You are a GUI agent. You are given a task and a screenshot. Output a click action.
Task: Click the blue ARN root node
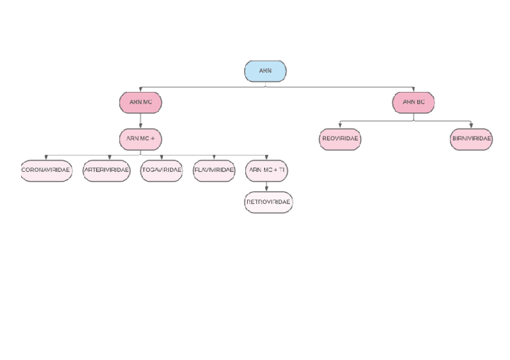click(265, 71)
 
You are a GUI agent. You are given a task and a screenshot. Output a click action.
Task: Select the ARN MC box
click(141, 103)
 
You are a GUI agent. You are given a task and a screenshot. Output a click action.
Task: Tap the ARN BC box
click(413, 103)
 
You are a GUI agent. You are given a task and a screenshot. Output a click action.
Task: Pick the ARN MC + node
click(141, 139)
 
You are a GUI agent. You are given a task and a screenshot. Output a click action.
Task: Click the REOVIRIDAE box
click(340, 139)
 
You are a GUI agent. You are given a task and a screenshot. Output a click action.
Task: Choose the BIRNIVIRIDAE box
click(471, 139)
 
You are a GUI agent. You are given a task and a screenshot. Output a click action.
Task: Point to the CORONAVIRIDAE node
click(46, 171)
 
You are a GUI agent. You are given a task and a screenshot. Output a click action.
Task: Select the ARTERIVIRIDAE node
click(106, 171)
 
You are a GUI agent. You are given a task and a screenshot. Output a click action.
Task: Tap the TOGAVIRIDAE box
click(161, 171)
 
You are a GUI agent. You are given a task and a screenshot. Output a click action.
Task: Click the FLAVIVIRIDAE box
click(214, 171)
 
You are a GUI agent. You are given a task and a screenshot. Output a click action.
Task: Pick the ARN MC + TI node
click(266, 171)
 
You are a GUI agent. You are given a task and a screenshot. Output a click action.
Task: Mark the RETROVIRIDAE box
click(268, 202)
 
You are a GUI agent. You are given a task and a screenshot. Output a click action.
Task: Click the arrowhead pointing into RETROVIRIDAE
click(266, 189)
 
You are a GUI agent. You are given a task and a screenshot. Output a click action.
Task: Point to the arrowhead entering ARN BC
click(413, 90)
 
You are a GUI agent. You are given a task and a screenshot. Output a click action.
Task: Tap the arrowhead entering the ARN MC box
click(141, 90)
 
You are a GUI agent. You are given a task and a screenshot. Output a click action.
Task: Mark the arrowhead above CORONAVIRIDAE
click(46, 157)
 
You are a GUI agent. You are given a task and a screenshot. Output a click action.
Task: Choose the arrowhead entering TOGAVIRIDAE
click(161, 157)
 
